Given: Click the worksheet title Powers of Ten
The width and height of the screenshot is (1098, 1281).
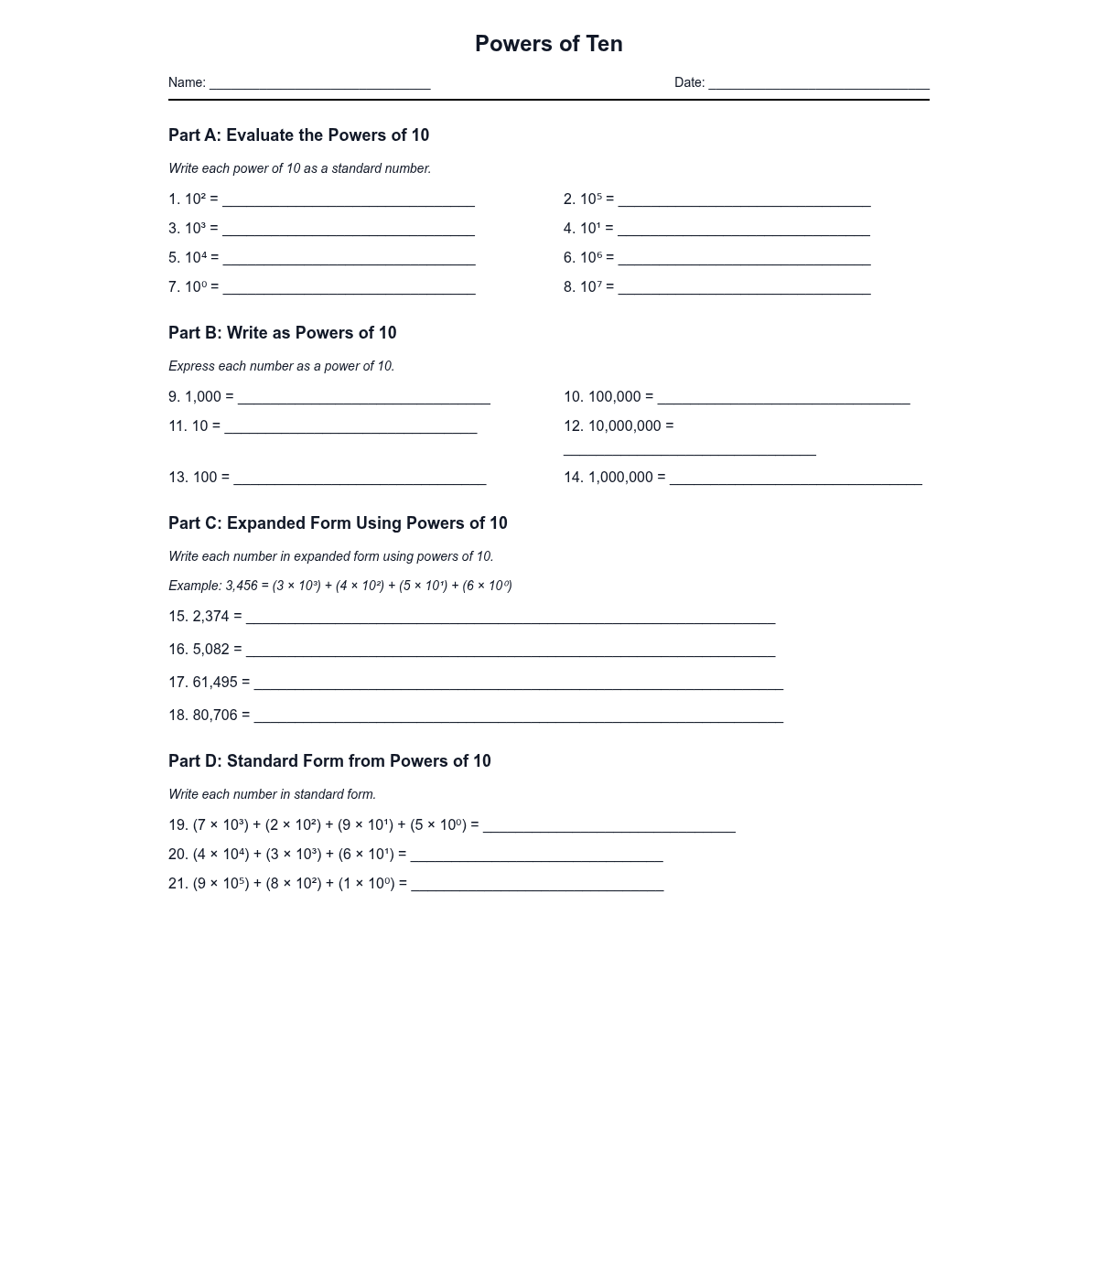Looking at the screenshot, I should pyautogui.click(x=549, y=44).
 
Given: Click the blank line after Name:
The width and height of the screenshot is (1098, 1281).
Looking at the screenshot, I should pyautogui.click(x=319, y=84).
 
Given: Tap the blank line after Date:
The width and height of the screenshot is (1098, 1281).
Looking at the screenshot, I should pyautogui.click(x=819, y=84).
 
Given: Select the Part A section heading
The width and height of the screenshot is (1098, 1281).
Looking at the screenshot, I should pyautogui.click(x=298, y=135).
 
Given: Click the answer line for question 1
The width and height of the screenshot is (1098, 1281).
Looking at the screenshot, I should pyautogui.click(x=349, y=201).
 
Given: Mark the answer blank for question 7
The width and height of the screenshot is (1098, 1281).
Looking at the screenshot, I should pyautogui.click(x=349, y=289).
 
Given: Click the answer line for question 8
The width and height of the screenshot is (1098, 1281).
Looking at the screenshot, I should pyautogui.click(x=744, y=289).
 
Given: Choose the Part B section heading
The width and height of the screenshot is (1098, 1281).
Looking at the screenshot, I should pyautogui.click(x=282, y=333).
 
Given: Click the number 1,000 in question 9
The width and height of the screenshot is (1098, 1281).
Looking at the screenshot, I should pyautogui.click(x=203, y=397).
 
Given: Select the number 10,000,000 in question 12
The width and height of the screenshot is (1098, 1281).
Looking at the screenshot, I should pyautogui.click(x=624, y=426).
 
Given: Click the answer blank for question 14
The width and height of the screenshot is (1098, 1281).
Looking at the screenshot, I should pyautogui.click(x=795, y=479).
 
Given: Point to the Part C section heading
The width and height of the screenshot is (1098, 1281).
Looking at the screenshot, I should pyautogui.click(x=338, y=523).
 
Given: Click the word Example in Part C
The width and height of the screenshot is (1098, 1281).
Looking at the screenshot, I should pyautogui.click(x=194, y=586).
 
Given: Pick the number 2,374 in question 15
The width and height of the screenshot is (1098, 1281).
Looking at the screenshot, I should pyautogui.click(x=210, y=617).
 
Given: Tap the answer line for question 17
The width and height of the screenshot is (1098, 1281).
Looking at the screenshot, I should pyautogui.click(x=518, y=684).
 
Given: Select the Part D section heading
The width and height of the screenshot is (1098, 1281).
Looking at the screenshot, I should pyautogui.click(x=329, y=761).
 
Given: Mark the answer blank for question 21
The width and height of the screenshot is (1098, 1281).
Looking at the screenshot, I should pyautogui.click(x=537, y=886).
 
